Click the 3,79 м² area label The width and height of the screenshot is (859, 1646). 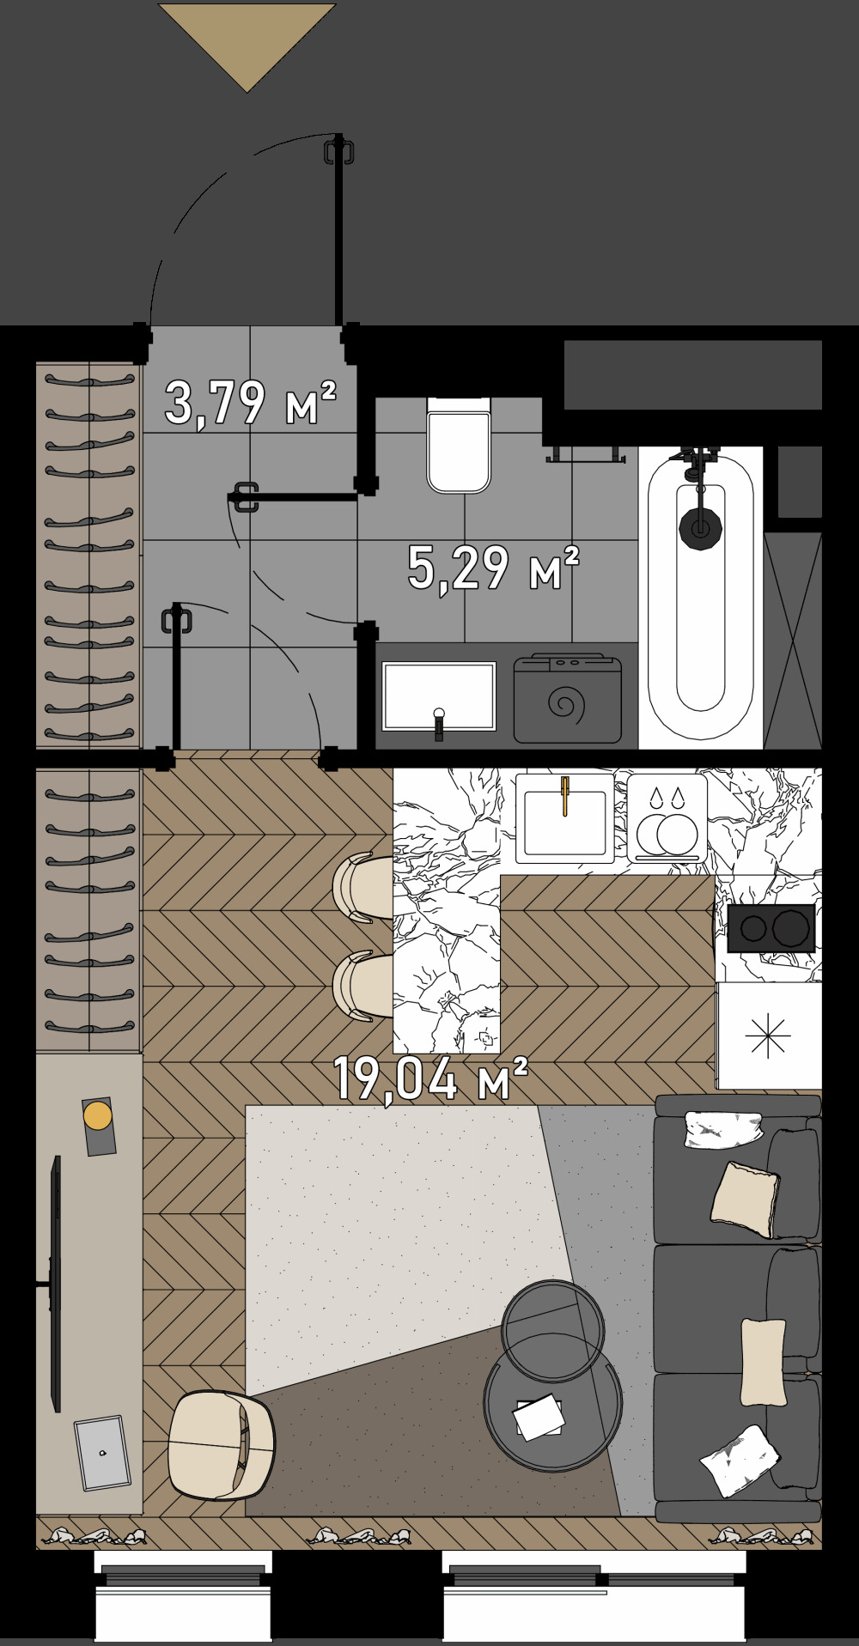250,403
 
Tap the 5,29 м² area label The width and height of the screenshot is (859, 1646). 493,568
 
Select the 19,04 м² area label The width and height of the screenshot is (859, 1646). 429,1078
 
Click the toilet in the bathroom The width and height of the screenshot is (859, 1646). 459,445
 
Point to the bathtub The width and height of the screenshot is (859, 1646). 701,597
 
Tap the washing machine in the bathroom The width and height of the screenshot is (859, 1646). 567,698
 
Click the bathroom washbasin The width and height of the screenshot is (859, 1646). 439,696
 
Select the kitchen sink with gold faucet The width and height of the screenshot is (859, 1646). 564,818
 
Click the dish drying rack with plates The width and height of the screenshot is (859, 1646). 667,818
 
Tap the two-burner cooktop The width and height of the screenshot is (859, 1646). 771,927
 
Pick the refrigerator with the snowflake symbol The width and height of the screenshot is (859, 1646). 769,1036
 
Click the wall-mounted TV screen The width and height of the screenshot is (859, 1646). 56,1284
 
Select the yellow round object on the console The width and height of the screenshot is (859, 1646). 97,1116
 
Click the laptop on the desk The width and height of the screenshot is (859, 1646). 102,1453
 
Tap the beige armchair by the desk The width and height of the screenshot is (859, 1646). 221,1445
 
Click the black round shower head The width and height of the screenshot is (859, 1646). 700,527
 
